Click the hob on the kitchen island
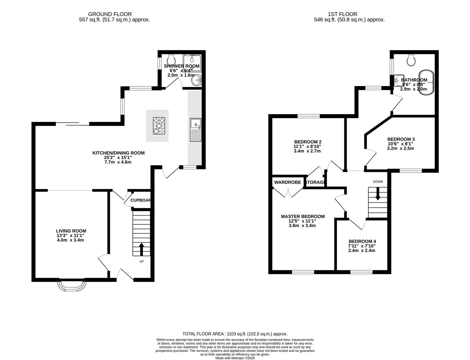tap(159, 126)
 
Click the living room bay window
tap(72, 285)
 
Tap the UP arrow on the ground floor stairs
tap(141, 249)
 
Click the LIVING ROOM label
tap(71, 231)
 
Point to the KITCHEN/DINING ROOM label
tap(118, 153)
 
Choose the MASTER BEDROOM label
tap(303, 216)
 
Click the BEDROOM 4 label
tap(362, 241)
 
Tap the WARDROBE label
tap(288, 182)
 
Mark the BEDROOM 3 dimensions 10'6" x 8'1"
tap(400, 144)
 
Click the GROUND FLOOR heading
tap(110, 14)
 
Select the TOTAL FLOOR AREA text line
tap(235, 334)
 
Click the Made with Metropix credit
tap(235, 358)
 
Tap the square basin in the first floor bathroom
tap(399, 79)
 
